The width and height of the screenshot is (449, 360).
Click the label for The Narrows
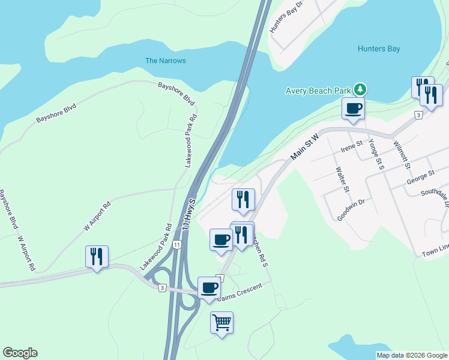point(166,61)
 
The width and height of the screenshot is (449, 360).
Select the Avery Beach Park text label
point(318,91)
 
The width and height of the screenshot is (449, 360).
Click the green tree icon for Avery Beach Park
point(360,90)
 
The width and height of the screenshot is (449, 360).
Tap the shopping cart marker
point(221,323)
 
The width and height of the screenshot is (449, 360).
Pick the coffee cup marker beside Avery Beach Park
point(352,109)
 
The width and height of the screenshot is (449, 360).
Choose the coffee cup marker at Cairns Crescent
point(209,287)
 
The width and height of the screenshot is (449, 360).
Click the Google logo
point(20,353)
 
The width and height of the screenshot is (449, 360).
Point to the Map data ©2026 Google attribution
point(411,355)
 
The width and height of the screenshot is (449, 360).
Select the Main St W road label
point(304,146)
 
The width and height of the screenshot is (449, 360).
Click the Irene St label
point(352,145)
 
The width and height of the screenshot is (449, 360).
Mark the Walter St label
point(342,179)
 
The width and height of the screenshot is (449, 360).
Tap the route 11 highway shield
point(177,245)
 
